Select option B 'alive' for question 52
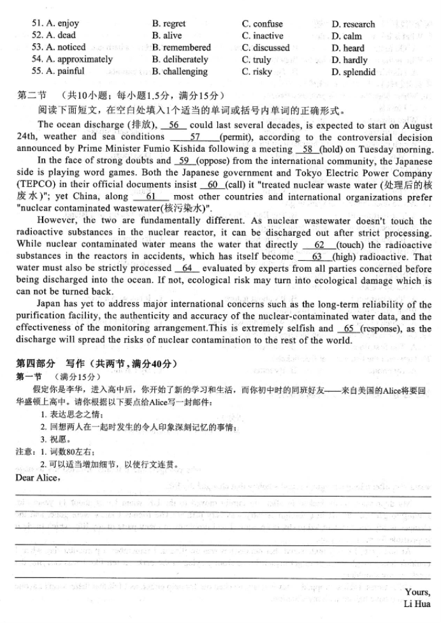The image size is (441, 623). click(167, 36)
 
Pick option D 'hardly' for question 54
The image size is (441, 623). click(350, 60)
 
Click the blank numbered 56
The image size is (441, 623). click(174, 126)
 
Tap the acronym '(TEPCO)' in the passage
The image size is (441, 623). click(37, 185)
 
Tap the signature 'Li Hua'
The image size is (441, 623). click(417, 603)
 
